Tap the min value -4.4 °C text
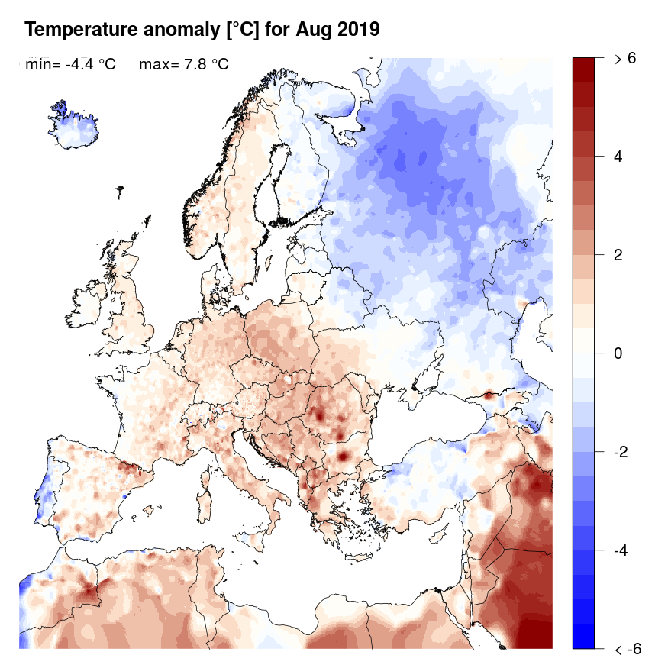click(x=70, y=65)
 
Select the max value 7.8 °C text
click(x=183, y=65)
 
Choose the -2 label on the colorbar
click(x=622, y=452)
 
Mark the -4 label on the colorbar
click(x=622, y=550)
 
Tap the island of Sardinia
click(x=204, y=508)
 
